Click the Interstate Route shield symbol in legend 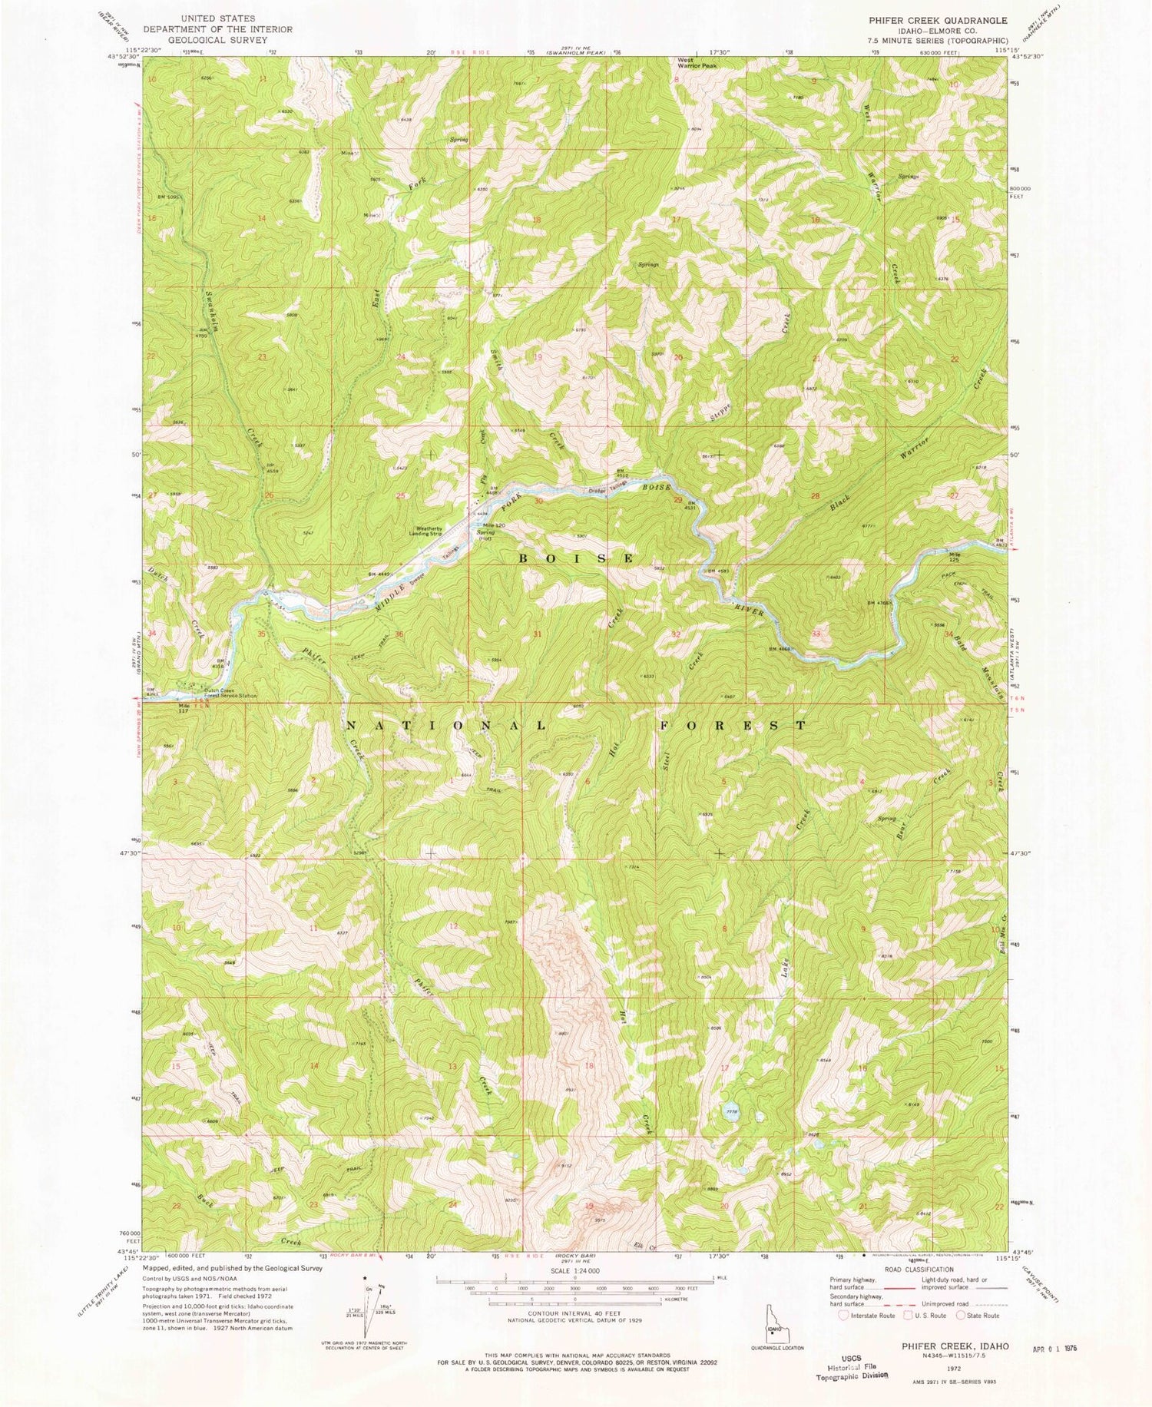click(845, 1315)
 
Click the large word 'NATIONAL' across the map click(445, 725)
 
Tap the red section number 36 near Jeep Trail click(399, 634)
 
